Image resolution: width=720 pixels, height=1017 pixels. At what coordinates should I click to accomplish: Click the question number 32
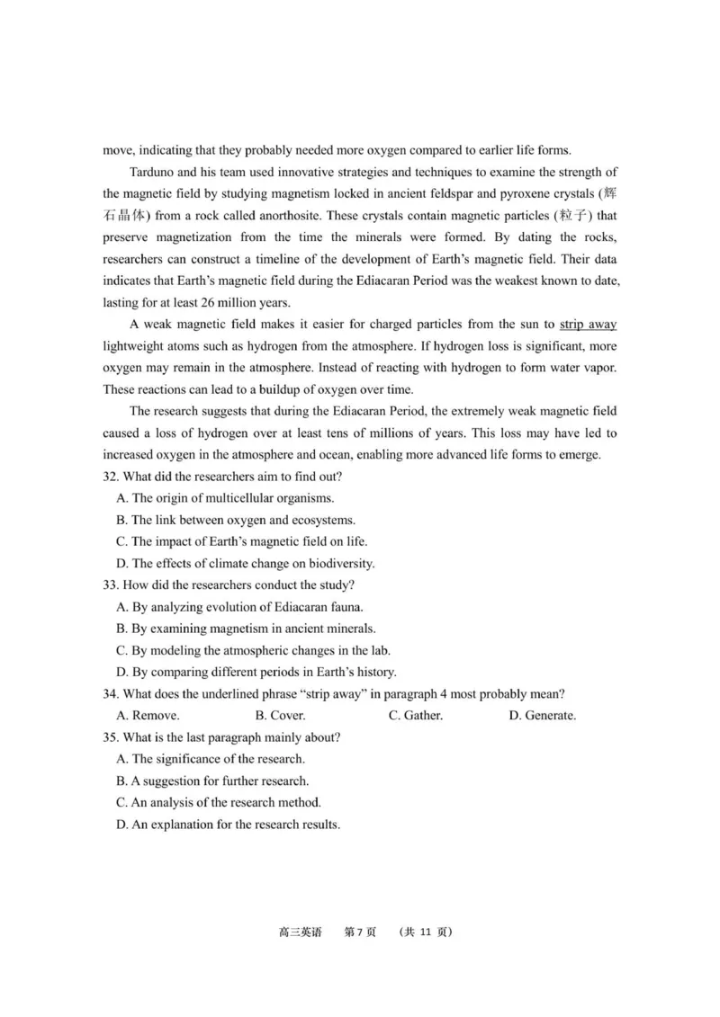[x=111, y=476]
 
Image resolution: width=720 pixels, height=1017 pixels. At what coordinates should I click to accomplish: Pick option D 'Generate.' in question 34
[x=542, y=716]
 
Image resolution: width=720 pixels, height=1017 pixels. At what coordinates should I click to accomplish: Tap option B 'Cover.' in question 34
[x=280, y=716]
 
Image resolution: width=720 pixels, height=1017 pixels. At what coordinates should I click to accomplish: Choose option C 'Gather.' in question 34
[x=415, y=716]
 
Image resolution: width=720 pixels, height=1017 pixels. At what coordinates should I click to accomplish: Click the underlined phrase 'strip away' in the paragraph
[x=588, y=324]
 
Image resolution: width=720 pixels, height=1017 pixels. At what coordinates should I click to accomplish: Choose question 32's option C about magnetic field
[x=241, y=541]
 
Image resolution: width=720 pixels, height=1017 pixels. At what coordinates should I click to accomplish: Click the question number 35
[x=111, y=737]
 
